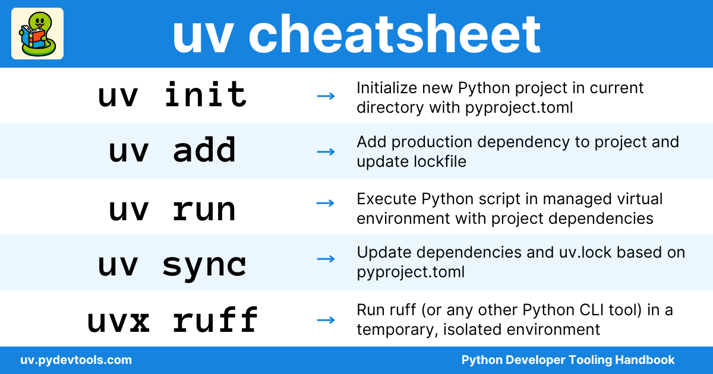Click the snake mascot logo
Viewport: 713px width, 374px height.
point(37,33)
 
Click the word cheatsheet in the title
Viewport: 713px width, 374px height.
point(395,34)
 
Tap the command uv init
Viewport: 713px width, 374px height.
point(172,94)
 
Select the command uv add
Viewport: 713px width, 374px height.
point(172,150)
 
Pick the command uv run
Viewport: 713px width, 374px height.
point(172,209)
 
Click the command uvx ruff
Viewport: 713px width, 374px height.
point(172,319)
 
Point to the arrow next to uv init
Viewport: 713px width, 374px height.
point(326,96)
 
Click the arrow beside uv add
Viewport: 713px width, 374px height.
point(326,152)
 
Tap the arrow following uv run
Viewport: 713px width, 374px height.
point(326,203)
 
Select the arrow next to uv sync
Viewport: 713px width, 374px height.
point(326,259)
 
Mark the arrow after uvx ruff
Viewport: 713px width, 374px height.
point(326,320)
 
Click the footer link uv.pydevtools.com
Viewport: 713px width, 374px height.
point(76,360)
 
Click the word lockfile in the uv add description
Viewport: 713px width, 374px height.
point(440,161)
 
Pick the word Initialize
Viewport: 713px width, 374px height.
point(387,88)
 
